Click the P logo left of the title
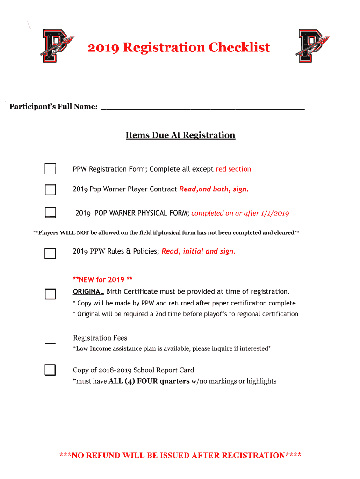pyautogui.click(x=56, y=45)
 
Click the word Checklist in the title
pyautogui.click(x=239, y=48)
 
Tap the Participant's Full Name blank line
pyautogui.click(x=202, y=107)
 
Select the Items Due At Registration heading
pyautogui.click(x=180, y=135)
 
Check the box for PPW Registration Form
pyautogui.click(x=50, y=169)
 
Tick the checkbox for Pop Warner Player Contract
pyautogui.click(x=50, y=189)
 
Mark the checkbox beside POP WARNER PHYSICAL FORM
pyautogui.click(x=50, y=212)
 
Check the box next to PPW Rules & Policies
pyautogui.click(x=50, y=254)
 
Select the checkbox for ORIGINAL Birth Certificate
pyautogui.click(x=50, y=294)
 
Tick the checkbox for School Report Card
pyautogui.click(x=50, y=370)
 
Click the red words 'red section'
pyautogui.click(x=233, y=169)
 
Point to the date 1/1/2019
pyautogui.click(x=274, y=213)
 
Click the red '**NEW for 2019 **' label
pyautogui.click(x=103, y=280)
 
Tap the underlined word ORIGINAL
pyautogui.click(x=88, y=291)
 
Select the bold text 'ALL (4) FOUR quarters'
pyautogui.click(x=149, y=381)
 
